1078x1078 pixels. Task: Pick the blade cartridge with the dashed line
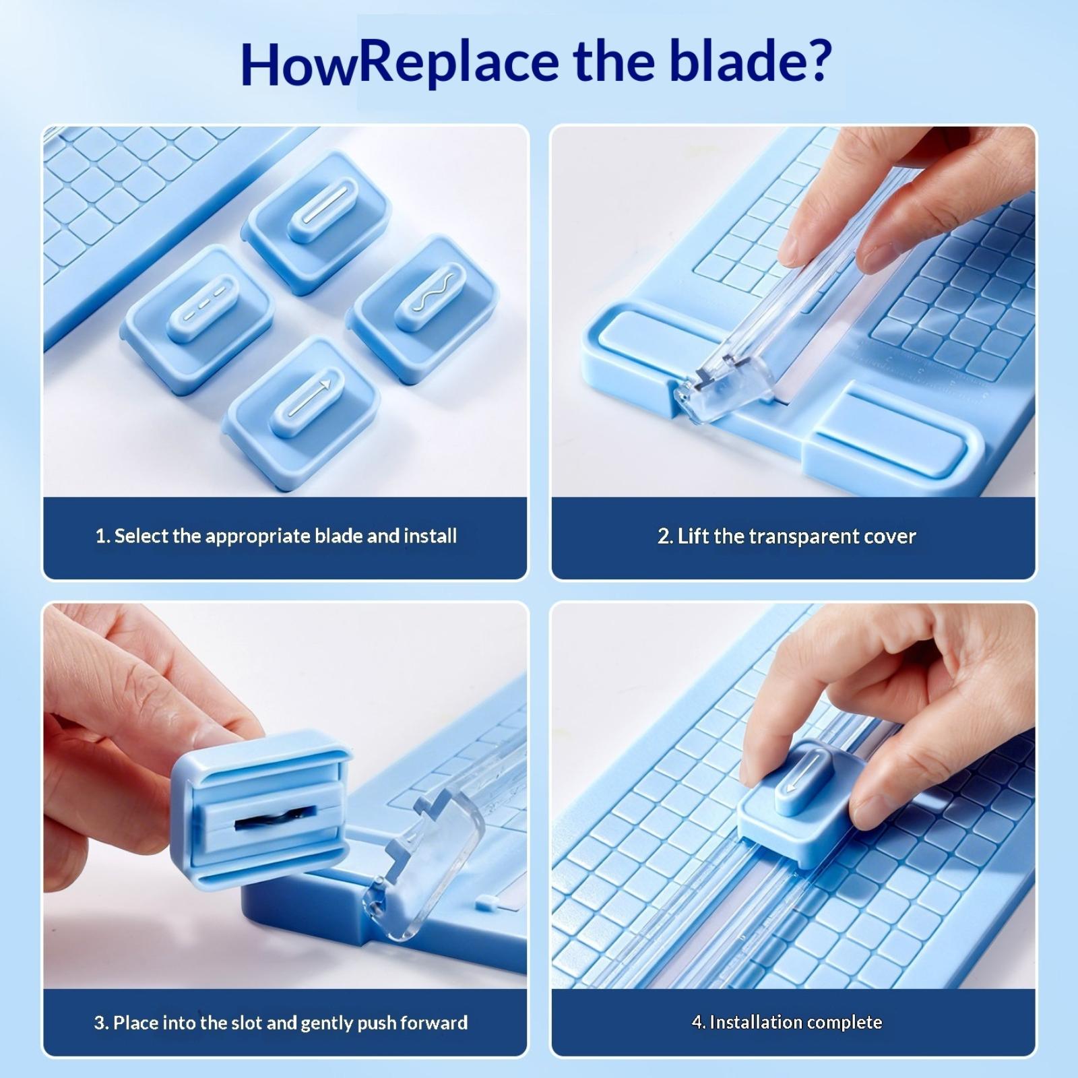[x=197, y=318]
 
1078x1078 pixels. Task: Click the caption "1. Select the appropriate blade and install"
[x=276, y=536]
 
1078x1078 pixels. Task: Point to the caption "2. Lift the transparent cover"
[x=787, y=536]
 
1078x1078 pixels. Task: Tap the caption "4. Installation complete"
[x=787, y=1022]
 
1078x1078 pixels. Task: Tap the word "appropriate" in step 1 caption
[x=257, y=537]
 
